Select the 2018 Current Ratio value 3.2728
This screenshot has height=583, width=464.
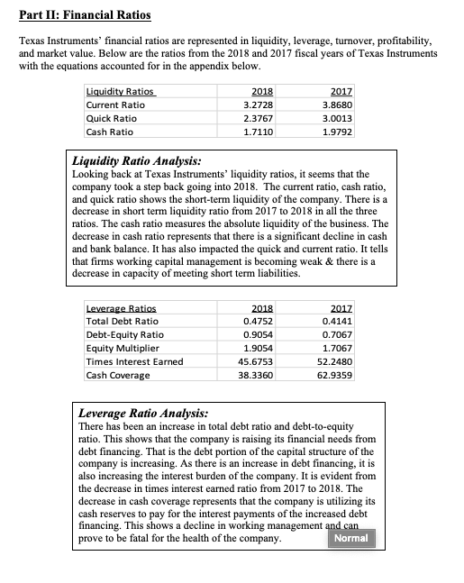click(x=259, y=104)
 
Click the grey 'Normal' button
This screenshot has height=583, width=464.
click(x=350, y=538)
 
